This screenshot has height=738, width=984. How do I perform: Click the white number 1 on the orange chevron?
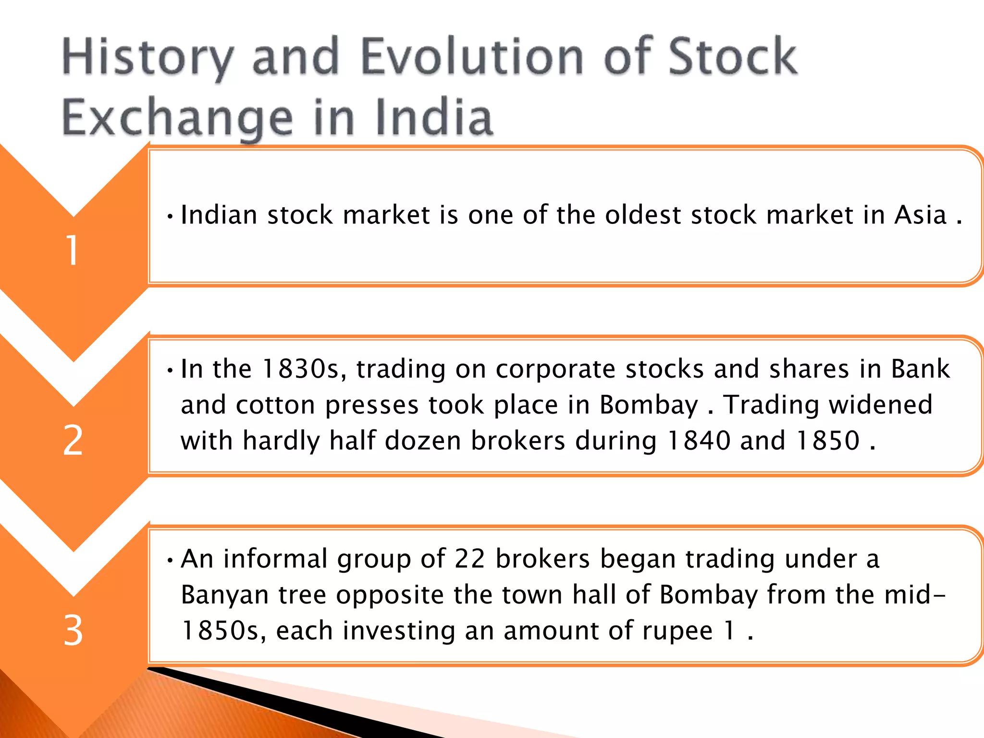(73, 250)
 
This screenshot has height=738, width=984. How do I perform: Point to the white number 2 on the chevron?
(73, 440)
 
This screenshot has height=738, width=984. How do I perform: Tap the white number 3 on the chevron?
(73, 630)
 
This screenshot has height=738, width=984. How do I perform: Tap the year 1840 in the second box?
(699, 440)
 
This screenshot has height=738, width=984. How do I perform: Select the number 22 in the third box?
(469, 559)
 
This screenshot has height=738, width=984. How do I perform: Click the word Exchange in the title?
(177, 118)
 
